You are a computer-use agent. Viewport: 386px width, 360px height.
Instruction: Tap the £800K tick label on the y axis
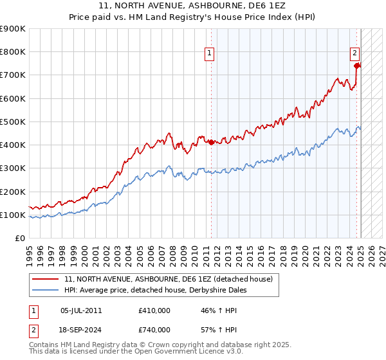[12, 52]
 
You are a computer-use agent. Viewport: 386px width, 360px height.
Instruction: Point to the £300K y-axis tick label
[12, 168]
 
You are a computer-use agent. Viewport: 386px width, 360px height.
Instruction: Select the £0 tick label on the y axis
[19, 239]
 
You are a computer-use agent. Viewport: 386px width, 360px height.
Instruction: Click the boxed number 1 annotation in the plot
[210, 53]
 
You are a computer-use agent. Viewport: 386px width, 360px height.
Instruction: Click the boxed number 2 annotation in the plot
[354, 53]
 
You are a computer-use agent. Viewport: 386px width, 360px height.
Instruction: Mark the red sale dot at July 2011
[211, 143]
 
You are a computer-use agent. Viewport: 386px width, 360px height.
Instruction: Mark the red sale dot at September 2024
[356, 65]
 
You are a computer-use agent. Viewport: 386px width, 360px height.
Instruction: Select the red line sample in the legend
[46, 279]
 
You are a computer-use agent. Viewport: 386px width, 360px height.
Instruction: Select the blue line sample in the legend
[46, 290]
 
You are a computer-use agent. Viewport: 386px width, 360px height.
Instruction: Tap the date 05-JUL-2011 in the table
[81, 310]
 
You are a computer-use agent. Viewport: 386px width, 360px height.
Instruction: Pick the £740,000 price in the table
[154, 330]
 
